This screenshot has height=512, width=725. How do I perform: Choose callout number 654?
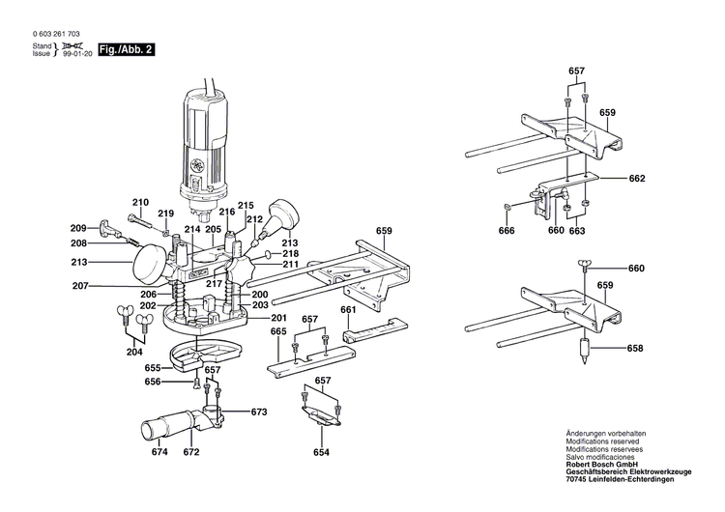[x=321, y=452]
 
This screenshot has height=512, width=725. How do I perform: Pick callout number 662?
[x=636, y=179]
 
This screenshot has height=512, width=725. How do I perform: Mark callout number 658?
[x=636, y=348]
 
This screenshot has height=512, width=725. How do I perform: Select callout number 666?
[x=507, y=231]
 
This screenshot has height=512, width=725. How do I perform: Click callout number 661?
[x=348, y=310]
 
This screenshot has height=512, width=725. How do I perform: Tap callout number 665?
[x=278, y=331]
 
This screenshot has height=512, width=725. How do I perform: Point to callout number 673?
[x=258, y=412]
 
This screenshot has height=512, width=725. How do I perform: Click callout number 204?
[x=134, y=353]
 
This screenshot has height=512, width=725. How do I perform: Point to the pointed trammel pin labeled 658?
[x=585, y=350]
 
